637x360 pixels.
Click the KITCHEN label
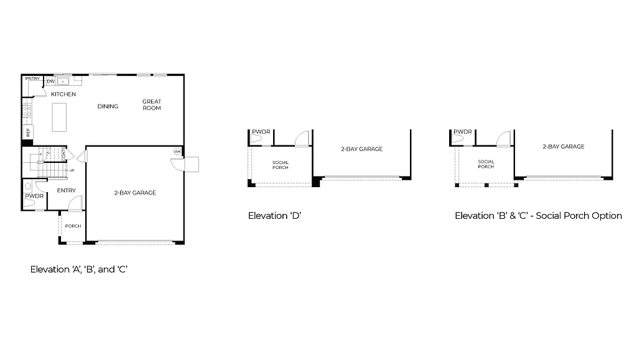point(63,95)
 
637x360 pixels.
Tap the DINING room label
point(108,106)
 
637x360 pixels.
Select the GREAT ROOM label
point(152,104)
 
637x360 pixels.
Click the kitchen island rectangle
point(60,117)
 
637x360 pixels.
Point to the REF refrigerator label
point(27,132)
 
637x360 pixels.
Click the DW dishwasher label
point(50,81)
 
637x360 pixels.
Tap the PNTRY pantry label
point(32,79)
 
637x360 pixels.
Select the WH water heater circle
point(177,152)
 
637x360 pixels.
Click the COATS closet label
point(64,154)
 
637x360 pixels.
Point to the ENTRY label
point(66,190)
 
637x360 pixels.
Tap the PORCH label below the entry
point(73,226)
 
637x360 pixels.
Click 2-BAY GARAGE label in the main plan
point(135,193)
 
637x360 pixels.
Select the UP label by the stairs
point(72,170)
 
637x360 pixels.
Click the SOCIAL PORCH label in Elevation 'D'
point(281,165)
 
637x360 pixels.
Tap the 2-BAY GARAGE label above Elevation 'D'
point(361,149)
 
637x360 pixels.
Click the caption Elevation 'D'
point(275,216)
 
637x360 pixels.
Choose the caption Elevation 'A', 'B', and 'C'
point(79,270)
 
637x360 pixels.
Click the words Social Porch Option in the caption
point(579,216)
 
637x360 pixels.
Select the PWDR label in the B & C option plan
point(463,132)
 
